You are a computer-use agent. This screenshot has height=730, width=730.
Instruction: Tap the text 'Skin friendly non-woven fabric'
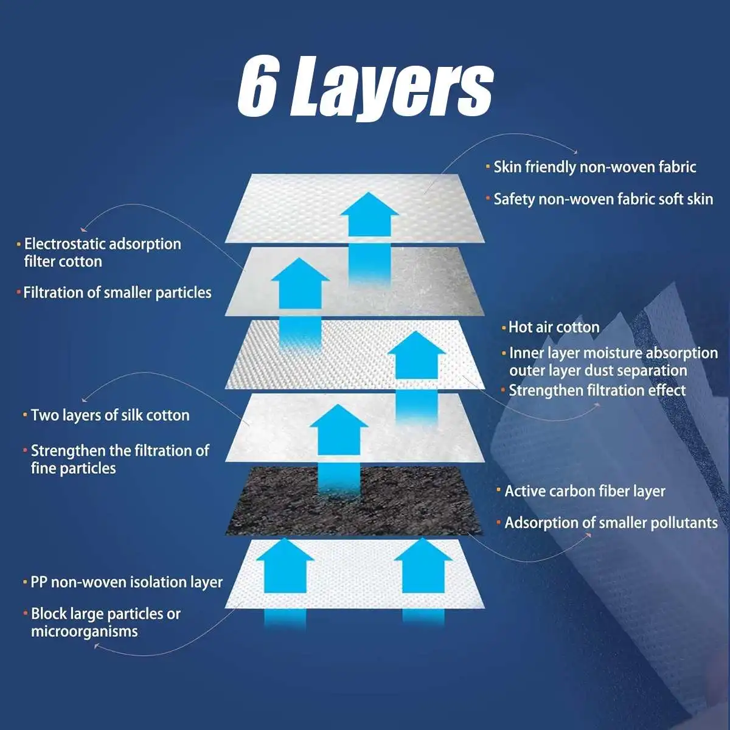[x=594, y=167]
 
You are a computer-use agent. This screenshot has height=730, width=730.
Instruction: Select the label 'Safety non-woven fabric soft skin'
[x=603, y=199]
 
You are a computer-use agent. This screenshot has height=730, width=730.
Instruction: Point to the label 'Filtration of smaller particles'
[x=117, y=293]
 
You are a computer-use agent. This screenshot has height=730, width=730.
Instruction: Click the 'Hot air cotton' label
[x=554, y=327]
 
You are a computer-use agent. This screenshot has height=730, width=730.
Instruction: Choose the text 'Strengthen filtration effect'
[x=597, y=391]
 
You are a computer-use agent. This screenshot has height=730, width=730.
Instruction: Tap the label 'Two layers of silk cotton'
[x=110, y=415]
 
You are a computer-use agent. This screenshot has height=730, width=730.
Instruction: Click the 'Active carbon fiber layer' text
[x=585, y=491]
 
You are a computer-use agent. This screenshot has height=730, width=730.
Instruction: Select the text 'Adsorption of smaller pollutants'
[x=611, y=523]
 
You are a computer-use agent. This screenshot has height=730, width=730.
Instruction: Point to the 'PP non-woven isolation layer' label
[x=127, y=582]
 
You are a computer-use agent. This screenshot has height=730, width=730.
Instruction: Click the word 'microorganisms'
[x=85, y=631]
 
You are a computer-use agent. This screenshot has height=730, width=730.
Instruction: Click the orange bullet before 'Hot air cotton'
[x=504, y=328]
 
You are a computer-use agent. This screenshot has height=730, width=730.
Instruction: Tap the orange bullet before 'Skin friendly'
[x=488, y=167]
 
